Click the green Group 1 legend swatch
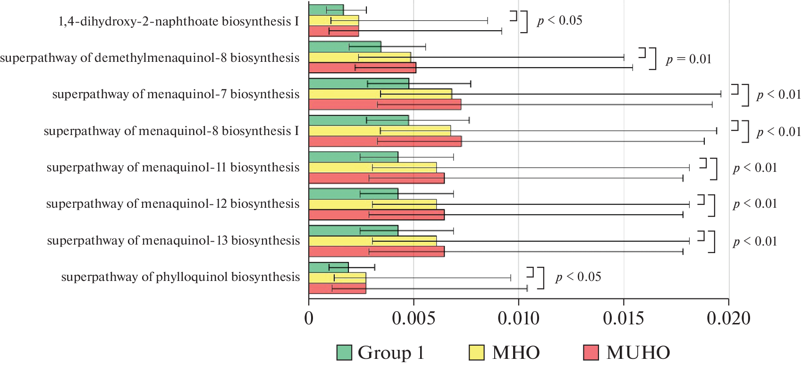coord(344,353)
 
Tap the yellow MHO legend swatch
coord(477,353)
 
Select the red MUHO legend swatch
coord(591,353)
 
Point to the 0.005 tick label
coord(414,319)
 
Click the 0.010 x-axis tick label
coord(518,319)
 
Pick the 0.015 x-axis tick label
coord(623,319)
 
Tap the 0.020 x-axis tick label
coord(728,319)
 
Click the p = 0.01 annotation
coord(688,59)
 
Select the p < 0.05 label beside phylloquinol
coord(578,277)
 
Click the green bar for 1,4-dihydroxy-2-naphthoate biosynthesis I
coord(326,10)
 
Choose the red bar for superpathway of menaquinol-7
coord(385,104)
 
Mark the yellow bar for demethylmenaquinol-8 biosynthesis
coord(360,58)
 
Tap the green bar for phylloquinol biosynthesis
coord(329,268)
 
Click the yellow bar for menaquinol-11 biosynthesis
coord(372,168)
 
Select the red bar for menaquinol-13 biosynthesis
coord(376,252)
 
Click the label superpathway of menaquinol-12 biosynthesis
coord(173,204)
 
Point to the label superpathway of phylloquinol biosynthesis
coord(180,277)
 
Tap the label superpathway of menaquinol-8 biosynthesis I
coord(171,131)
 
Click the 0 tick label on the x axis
coord(309,319)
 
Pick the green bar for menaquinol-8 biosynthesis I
coord(359,120)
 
